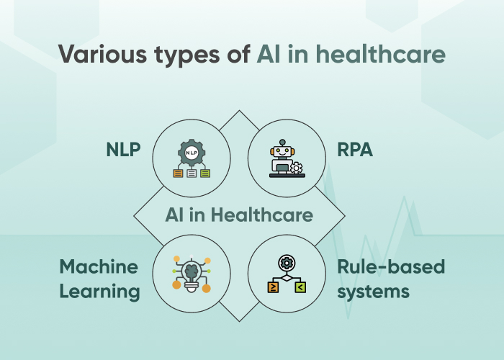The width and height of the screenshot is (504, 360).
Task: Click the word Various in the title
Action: [x=102, y=54]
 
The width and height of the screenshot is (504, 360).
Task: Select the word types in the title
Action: [x=186, y=55]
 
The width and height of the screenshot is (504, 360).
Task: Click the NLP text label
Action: [x=123, y=150]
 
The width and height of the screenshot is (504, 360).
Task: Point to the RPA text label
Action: [x=355, y=150]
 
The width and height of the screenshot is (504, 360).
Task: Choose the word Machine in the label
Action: [x=99, y=267]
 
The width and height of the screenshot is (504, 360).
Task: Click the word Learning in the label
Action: [x=99, y=292]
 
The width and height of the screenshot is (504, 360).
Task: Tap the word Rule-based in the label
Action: [x=391, y=266]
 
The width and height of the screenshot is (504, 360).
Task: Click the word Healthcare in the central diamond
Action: [x=261, y=215]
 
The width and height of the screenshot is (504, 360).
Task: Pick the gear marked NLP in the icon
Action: [x=192, y=153]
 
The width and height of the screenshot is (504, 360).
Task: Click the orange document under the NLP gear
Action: [x=178, y=174]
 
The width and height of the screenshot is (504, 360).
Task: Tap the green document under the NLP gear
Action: [x=205, y=174]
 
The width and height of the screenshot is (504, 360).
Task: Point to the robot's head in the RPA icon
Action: [x=282, y=151]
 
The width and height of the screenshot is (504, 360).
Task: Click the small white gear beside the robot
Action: [x=296, y=168]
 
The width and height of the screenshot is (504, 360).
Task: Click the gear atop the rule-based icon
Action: [x=287, y=263]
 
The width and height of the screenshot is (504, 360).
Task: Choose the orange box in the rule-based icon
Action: [x=273, y=287]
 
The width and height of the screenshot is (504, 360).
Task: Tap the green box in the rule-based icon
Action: [x=300, y=287]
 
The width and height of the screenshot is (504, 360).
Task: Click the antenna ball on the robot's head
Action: [x=282, y=142]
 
